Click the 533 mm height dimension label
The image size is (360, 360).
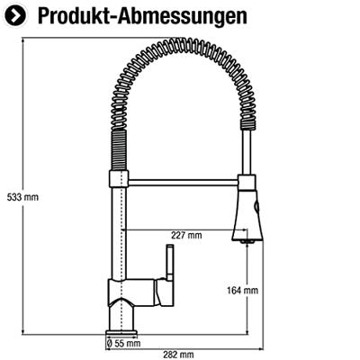[x=22, y=197]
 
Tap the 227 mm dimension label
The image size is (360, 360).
[x=186, y=235]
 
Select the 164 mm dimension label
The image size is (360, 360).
[x=242, y=291]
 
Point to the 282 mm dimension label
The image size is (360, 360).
[x=178, y=355]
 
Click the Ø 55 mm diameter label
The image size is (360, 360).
[x=123, y=343]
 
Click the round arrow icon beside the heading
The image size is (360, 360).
[x=16, y=16]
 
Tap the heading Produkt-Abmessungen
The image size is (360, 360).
[x=142, y=16]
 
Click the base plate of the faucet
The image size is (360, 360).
[x=121, y=333]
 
